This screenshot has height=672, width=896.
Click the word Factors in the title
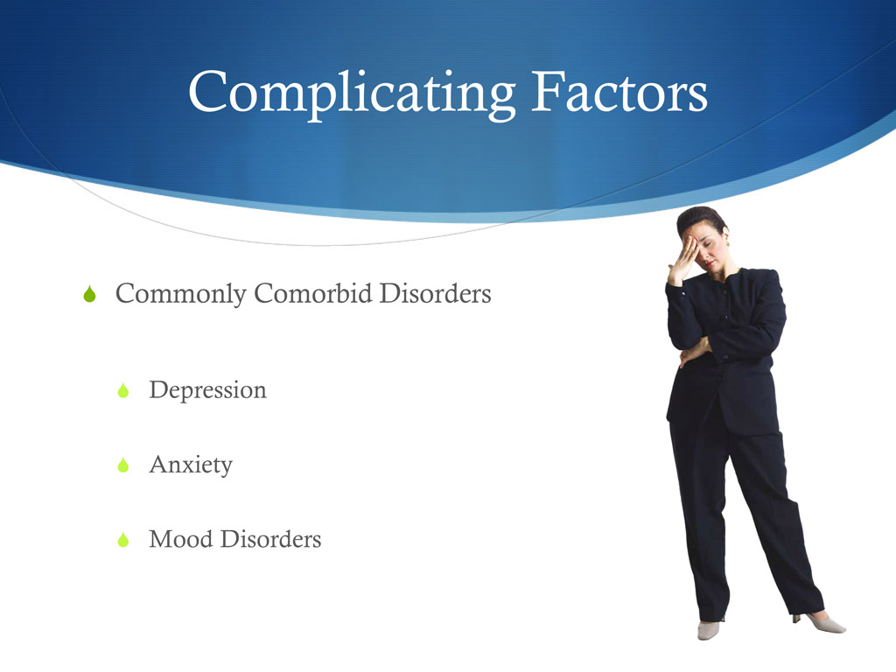click(x=618, y=91)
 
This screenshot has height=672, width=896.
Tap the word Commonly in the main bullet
click(x=181, y=295)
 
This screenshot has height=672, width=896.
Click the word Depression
click(x=207, y=390)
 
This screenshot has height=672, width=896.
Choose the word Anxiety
click(x=191, y=465)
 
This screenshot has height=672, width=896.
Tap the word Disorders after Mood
click(x=270, y=539)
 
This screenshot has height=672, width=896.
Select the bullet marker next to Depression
click(x=123, y=391)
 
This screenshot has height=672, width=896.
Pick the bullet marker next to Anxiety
click(x=123, y=465)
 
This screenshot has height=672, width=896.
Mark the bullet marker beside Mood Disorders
click(x=123, y=540)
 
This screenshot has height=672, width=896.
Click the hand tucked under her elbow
click(x=692, y=350)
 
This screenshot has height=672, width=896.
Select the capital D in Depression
click(x=158, y=389)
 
